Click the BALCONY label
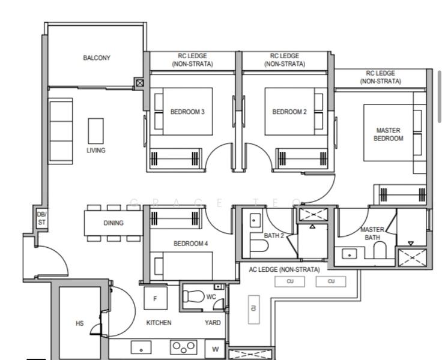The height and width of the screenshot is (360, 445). [x=97, y=58]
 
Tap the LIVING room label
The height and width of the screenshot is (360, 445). [x=95, y=151]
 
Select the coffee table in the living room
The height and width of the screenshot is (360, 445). [x=95, y=130]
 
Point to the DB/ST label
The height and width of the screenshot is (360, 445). [x=41, y=218]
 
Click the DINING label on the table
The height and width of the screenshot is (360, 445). [x=114, y=223]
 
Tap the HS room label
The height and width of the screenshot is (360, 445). [x=80, y=323]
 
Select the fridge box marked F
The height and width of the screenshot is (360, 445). [x=156, y=298]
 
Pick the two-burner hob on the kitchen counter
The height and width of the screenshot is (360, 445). [x=184, y=346]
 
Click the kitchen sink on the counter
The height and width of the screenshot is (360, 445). [x=142, y=347]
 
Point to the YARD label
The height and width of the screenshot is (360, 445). [x=213, y=323]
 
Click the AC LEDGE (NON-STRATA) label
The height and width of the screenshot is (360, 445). [x=284, y=269]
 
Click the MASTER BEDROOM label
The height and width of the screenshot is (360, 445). [x=389, y=134]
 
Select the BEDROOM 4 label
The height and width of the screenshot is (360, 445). [x=191, y=244]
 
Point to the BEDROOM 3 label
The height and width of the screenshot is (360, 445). [x=187, y=112]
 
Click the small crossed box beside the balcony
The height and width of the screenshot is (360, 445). [x=140, y=83]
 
